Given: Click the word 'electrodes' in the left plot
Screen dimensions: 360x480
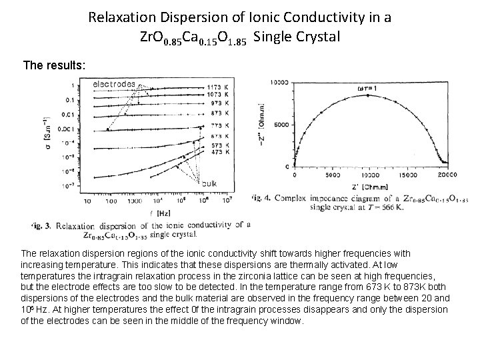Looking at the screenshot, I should click(x=113, y=85).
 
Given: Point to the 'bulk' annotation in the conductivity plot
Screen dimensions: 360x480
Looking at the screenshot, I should click(x=209, y=184).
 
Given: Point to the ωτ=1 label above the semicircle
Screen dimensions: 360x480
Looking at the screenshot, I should click(x=365, y=86).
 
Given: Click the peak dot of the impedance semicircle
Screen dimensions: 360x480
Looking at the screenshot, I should click(x=366, y=95).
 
